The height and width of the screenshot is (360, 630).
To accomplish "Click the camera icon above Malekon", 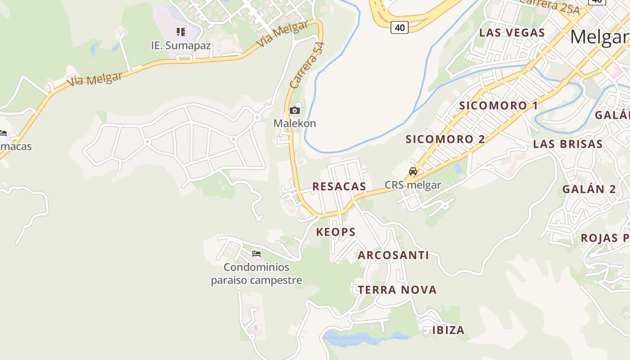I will tap(295, 110).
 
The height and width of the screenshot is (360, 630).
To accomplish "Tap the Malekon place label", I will tap(295, 123).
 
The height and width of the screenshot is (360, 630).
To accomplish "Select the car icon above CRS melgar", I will tap(413, 171).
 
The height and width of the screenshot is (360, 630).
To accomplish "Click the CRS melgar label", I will tap(413, 184).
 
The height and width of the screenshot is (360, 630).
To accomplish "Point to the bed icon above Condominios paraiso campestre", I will tap(256, 254).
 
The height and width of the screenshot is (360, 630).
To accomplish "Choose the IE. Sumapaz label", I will tap(181, 45).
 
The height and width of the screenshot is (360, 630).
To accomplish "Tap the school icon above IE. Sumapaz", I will tap(181, 31).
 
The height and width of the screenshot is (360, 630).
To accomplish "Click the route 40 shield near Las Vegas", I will tap(399, 27).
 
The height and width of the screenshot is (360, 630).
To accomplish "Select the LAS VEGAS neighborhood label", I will tap(512, 33).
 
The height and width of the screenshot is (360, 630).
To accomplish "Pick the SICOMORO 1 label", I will tap(499, 106).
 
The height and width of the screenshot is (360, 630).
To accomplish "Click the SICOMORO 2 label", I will tap(445, 139).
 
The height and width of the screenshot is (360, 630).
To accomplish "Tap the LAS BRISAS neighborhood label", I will tap(567, 144).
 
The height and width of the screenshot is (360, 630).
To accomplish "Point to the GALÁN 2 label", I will tap(589, 189).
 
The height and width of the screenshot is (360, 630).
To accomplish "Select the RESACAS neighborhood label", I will tap(339, 186).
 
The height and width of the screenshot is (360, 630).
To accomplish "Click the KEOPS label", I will tap(336, 232).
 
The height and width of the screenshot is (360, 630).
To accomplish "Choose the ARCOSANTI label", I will tap(393, 255).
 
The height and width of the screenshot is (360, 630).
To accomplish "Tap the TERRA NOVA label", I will tap(397, 290).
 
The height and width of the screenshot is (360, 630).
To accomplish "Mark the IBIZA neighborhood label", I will tap(448, 330).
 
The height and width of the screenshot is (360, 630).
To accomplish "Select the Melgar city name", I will tap(599, 37).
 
